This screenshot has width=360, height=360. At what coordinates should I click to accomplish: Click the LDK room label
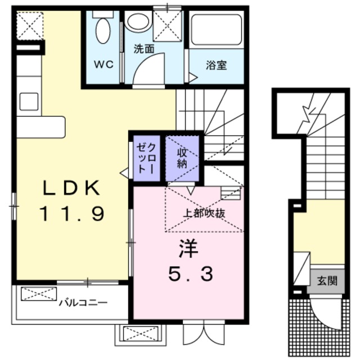70,188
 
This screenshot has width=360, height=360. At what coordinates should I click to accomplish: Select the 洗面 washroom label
143,49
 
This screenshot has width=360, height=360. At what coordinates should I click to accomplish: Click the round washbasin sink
137,22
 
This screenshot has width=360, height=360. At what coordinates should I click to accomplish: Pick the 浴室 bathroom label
217,65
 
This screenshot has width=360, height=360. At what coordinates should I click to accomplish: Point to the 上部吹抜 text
205,213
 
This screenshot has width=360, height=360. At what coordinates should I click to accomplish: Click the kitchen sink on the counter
28,102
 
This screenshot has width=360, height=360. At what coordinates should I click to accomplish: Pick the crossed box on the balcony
39,293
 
